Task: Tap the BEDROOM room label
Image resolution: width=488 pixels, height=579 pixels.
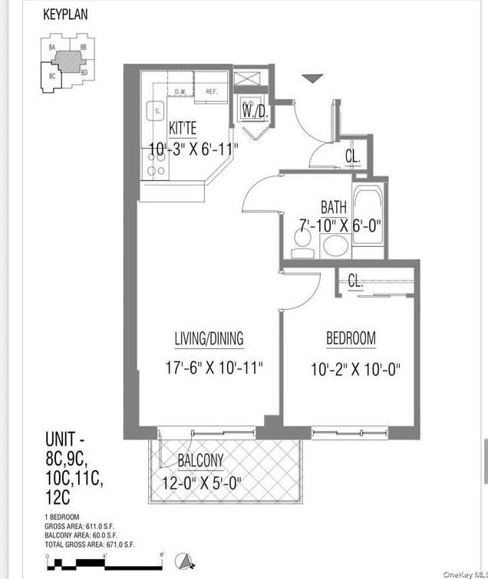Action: (x=351, y=338)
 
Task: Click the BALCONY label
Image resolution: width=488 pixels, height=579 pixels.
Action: (x=200, y=461)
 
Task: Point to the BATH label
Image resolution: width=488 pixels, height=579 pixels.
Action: (x=333, y=206)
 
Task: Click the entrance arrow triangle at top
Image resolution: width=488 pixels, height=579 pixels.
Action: (x=312, y=78)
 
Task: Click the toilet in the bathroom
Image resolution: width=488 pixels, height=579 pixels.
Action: (x=303, y=241)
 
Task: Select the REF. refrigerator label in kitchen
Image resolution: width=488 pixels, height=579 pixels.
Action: (x=212, y=92)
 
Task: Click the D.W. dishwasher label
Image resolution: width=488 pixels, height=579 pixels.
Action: (x=181, y=92)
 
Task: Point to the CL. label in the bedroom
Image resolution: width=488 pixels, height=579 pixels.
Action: (x=354, y=281)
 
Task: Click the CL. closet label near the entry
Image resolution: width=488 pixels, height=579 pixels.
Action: (x=352, y=157)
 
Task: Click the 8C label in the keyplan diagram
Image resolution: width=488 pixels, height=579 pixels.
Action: (x=52, y=76)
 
